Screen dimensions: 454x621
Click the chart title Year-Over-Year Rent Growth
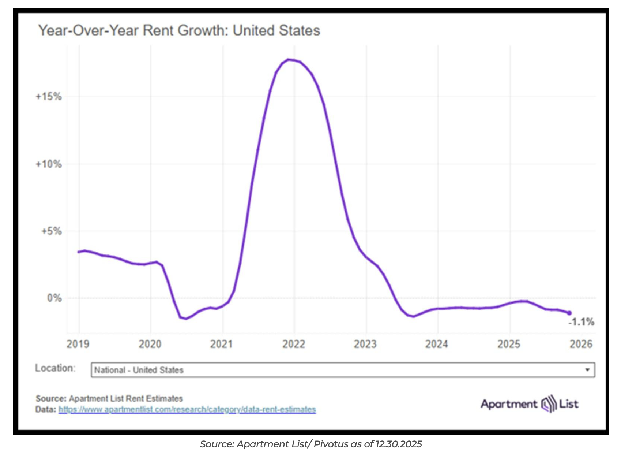179,30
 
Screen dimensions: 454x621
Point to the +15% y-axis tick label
48,97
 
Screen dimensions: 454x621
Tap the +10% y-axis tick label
48,164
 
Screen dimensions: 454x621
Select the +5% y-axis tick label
51,231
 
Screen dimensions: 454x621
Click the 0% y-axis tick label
54,298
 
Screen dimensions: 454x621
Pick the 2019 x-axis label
78,344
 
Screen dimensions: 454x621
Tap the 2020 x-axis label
150,344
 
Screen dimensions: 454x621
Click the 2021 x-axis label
222,344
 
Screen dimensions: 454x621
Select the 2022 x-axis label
293,344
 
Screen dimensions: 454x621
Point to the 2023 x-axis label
365,344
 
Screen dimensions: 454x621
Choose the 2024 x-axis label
437,344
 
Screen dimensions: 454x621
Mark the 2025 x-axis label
509,344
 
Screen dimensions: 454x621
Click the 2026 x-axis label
581,344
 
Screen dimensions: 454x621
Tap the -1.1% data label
581,322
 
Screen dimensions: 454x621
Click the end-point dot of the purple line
569,313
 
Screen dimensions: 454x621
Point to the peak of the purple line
289,59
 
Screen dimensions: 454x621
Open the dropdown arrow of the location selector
587,370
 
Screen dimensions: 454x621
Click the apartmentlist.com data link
187,409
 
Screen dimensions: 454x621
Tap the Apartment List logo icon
548,404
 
